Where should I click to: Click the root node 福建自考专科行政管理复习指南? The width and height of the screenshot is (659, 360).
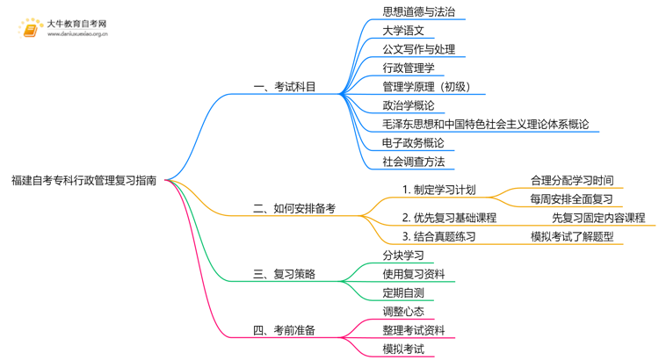point(84,181)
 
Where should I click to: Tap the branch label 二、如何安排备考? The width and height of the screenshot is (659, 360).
point(293,209)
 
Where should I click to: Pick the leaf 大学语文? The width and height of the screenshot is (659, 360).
point(403,31)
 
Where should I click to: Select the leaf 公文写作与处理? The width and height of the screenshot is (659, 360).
point(418,49)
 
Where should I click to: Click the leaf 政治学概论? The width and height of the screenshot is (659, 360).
point(408,105)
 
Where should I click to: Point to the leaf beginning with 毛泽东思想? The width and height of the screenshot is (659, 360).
point(486,124)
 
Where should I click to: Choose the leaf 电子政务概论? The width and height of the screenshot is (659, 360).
point(413,142)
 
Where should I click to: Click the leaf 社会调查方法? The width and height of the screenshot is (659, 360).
point(413,162)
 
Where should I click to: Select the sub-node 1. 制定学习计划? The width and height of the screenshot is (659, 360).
point(438,190)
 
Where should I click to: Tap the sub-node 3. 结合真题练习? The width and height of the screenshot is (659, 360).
point(438,236)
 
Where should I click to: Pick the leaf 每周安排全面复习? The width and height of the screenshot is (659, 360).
point(572,199)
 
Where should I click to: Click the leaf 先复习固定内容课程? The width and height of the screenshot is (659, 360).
point(598,218)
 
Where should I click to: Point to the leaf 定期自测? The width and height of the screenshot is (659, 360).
point(403,292)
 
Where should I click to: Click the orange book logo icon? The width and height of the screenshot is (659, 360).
point(29,29)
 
